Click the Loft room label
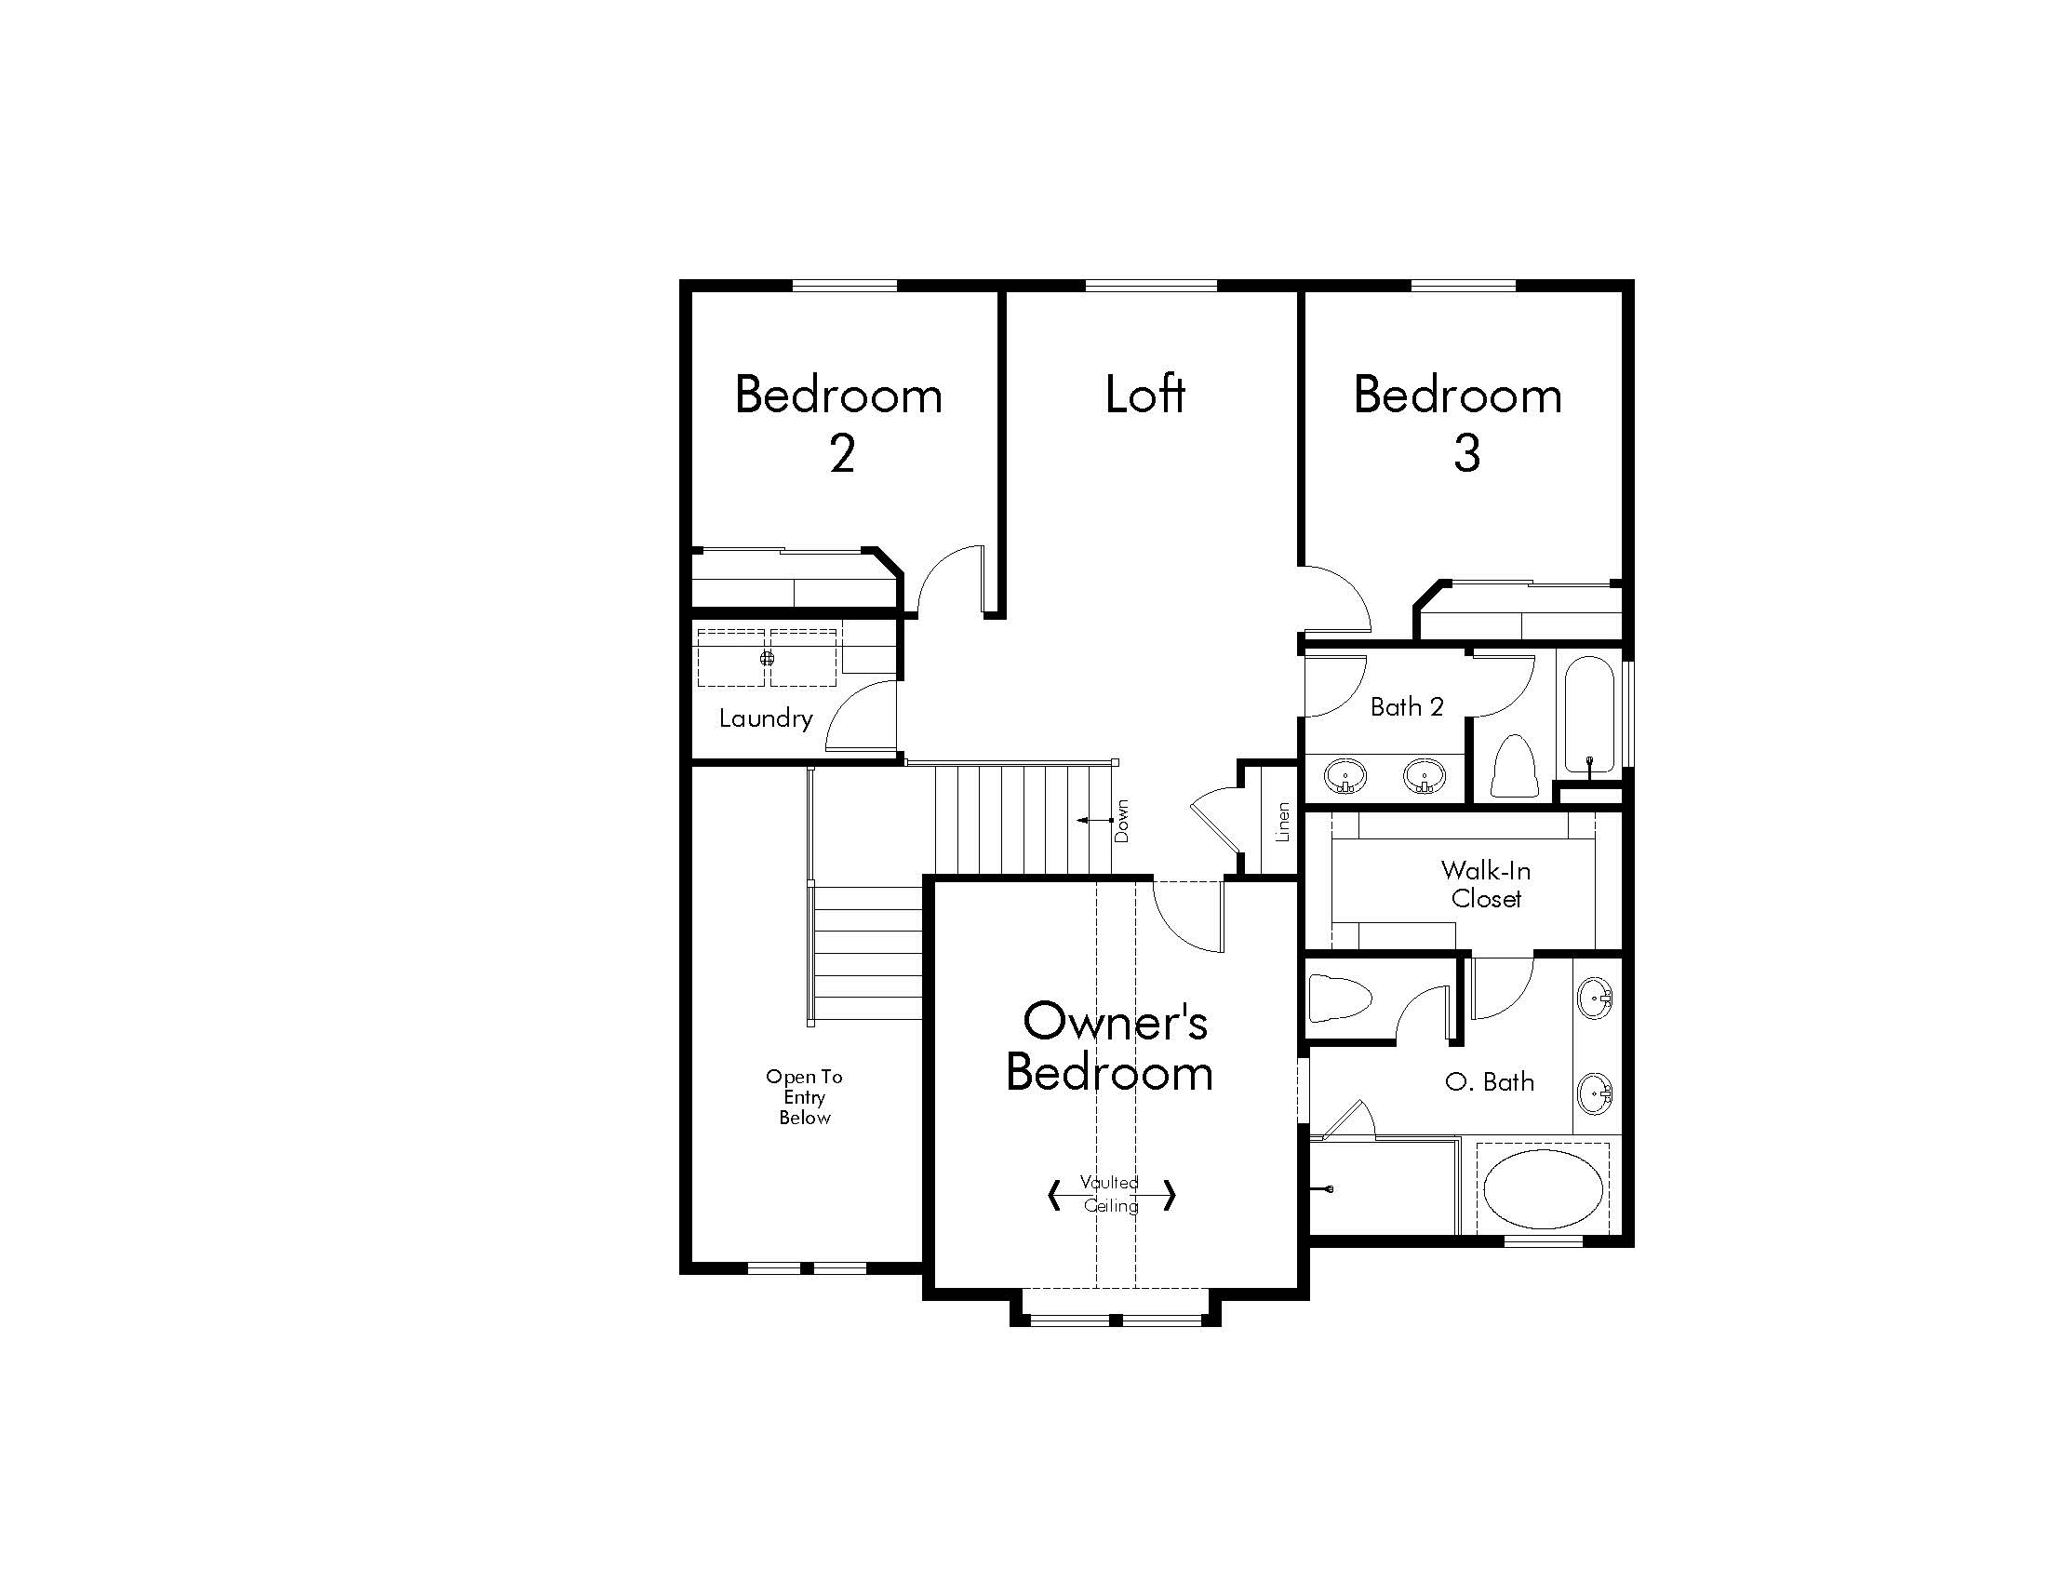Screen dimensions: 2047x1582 pyautogui.click(x=1144, y=395)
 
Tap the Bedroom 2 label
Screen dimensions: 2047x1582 pyautogui.click(x=839, y=423)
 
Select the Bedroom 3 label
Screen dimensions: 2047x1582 pyautogui.click(x=1458, y=423)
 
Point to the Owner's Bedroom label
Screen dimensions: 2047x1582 pyautogui.click(x=1111, y=1047)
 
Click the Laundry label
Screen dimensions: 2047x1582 pyautogui.click(x=766, y=718)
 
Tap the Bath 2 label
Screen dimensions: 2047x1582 pyautogui.click(x=1407, y=706)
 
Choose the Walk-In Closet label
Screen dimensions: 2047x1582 pyautogui.click(x=1487, y=885)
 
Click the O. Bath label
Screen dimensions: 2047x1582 pyautogui.click(x=1491, y=1081)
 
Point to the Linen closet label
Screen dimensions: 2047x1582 pyautogui.click(x=1283, y=822)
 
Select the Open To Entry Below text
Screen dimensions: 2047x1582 pyautogui.click(x=804, y=1097)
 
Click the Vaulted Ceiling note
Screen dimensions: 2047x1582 pyautogui.click(x=1111, y=1194)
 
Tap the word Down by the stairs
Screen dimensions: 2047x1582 pyautogui.click(x=1122, y=821)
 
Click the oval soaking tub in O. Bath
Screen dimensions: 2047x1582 pyautogui.click(x=1542, y=1188)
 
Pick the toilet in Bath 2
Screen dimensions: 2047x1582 pyautogui.click(x=1513, y=765)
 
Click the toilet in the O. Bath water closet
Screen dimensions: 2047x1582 pyautogui.click(x=1340, y=999)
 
